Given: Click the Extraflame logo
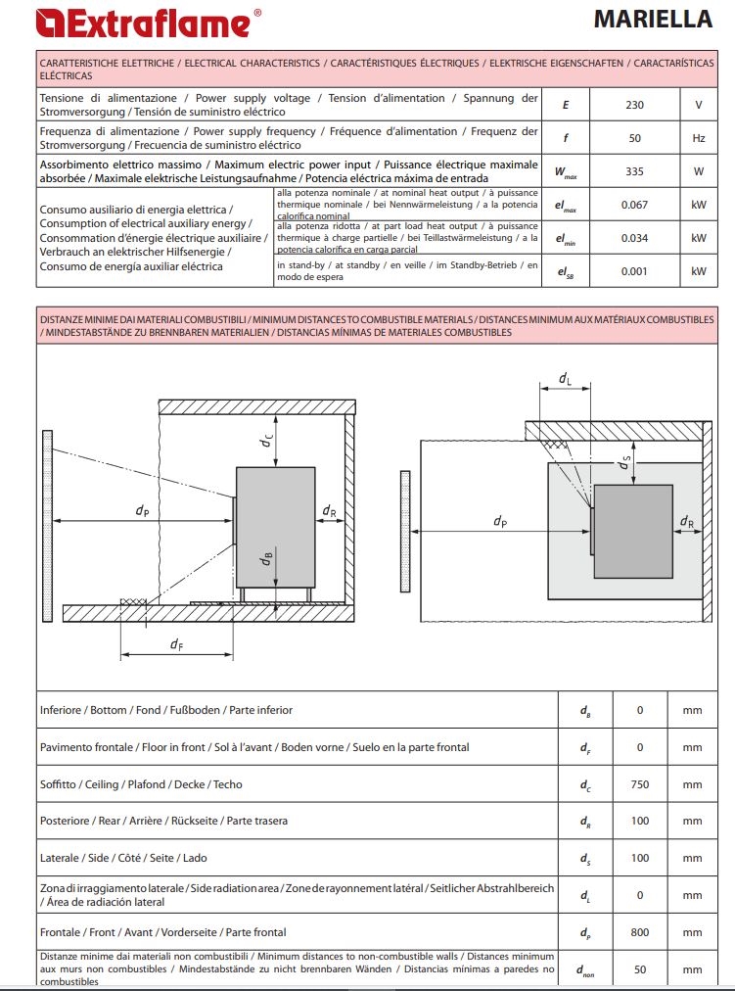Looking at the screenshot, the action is tap(149, 23).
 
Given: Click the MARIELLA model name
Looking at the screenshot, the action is tap(653, 19).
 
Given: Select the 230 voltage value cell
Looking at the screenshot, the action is tap(634, 105).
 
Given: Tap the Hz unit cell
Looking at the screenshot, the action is tap(699, 138).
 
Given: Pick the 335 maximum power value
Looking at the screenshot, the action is tap(634, 171).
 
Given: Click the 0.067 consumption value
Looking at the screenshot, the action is tap(634, 205).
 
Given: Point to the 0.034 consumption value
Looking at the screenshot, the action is tap(634, 238).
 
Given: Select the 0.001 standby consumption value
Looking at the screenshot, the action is tap(634, 271).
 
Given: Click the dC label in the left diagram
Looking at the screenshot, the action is tap(266, 440).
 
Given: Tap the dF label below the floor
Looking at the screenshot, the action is tap(177, 644).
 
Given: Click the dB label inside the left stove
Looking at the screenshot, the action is tap(266, 558).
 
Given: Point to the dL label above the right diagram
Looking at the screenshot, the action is tap(565, 379).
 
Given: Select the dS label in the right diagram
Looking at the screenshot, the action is tap(624, 462).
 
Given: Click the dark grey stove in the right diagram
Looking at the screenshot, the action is tap(633, 531).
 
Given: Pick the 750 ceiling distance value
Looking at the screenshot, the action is tap(640, 784).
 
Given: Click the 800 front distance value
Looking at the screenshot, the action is tap(640, 932).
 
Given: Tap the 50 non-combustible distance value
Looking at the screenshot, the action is tap(640, 969).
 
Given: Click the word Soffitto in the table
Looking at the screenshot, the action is tap(58, 784).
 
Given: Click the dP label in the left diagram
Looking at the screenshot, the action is tap(143, 510).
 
